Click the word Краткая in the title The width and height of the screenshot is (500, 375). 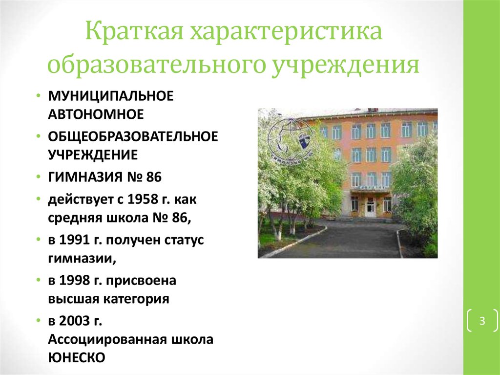[x=134, y=31]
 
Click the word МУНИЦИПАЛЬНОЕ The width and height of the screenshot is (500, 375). [x=111, y=96]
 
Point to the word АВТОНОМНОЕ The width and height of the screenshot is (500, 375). [x=96, y=114]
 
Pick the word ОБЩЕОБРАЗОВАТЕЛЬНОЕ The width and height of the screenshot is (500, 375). [x=133, y=136]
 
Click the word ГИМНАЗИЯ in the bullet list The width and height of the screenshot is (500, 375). [x=84, y=177]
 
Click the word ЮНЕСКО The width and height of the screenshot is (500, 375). [x=77, y=357]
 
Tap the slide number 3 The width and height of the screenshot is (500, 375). [x=482, y=320]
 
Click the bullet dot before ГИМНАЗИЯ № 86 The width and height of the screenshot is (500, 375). [x=39, y=176]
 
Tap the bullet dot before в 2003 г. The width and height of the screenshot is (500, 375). [x=39, y=320]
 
